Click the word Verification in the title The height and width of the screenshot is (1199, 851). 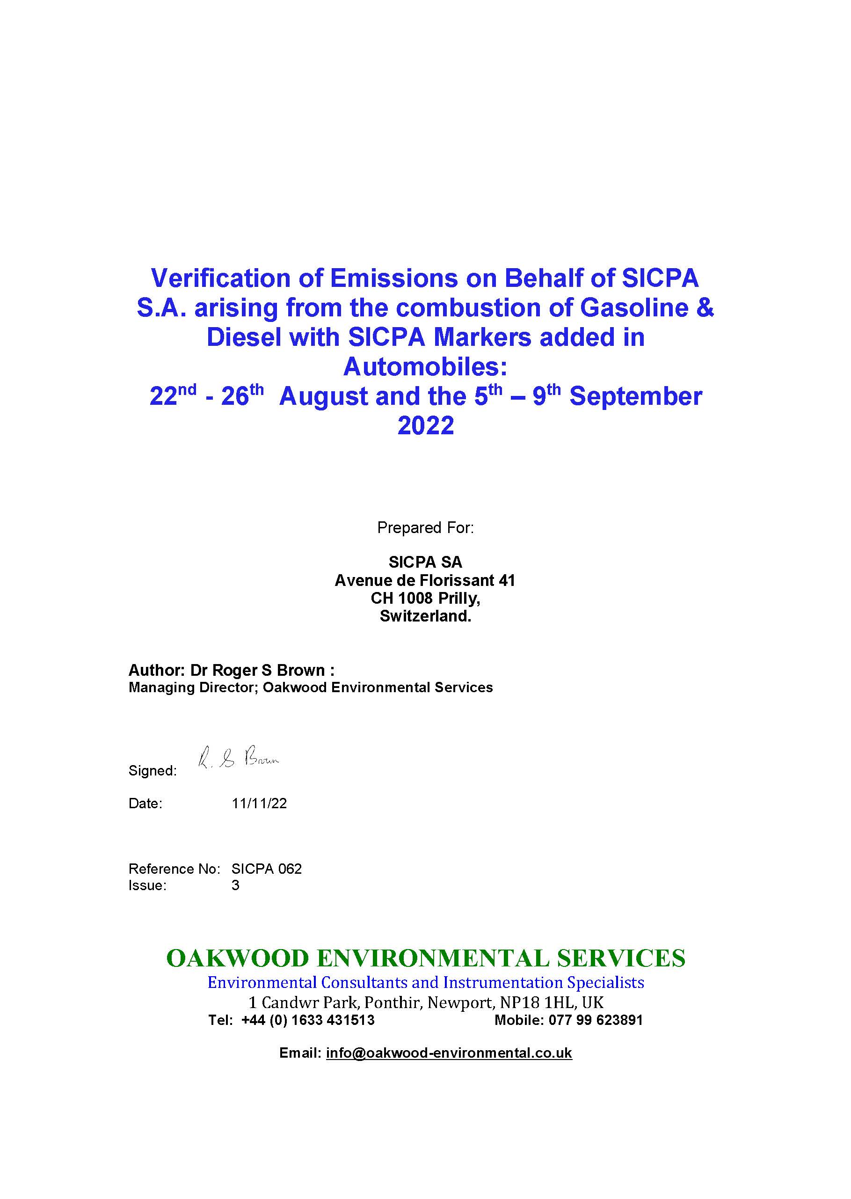[220, 278]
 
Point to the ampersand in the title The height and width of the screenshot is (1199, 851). [705, 307]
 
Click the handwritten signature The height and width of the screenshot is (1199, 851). [239, 758]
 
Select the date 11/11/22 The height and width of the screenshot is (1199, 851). [259, 804]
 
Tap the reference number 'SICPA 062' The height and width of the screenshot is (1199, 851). [267, 869]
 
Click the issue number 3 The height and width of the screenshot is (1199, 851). [235, 885]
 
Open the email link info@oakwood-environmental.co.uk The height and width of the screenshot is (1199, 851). [449, 1053]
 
